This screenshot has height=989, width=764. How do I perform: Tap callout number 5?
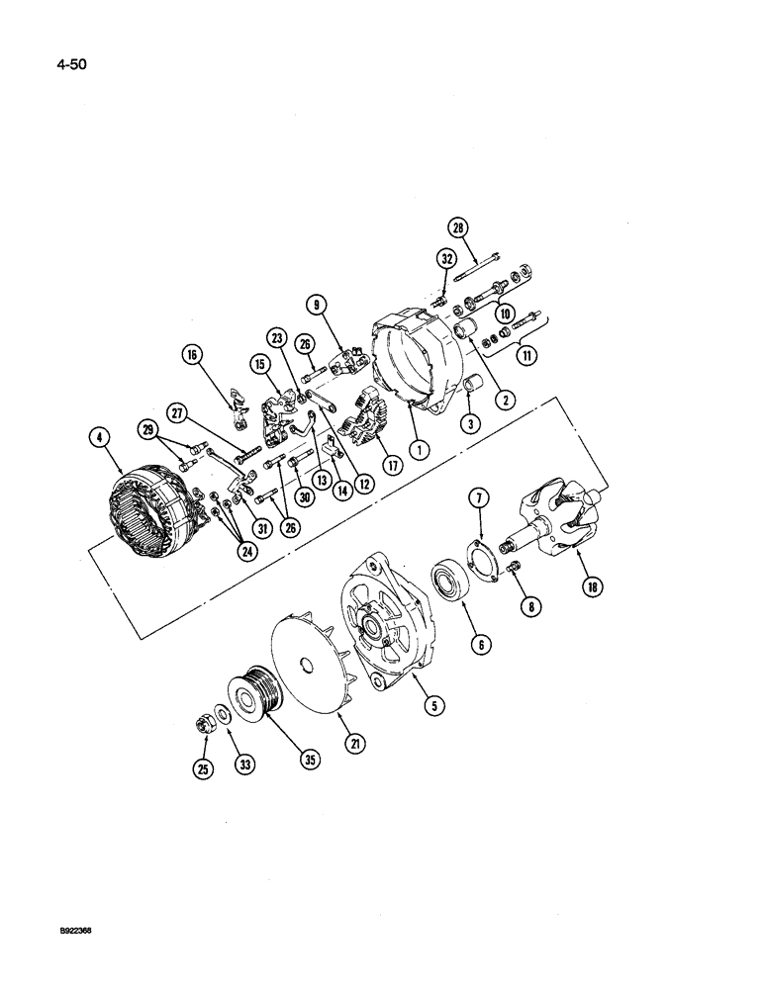click(436, 705)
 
